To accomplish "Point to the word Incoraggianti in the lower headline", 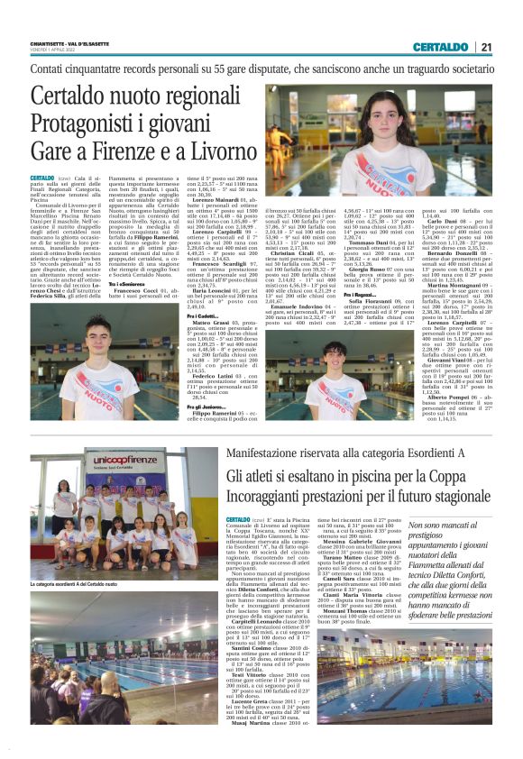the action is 276,497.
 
